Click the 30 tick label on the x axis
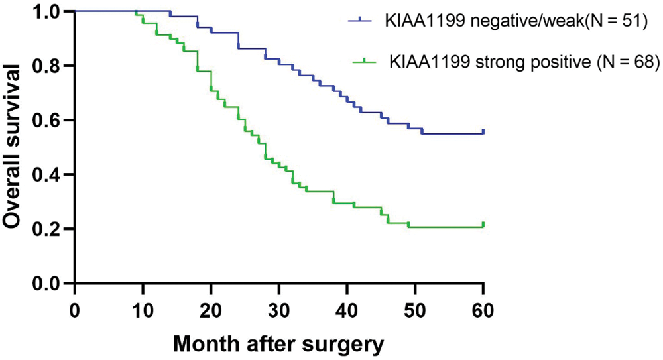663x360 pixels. (x=279, y=308)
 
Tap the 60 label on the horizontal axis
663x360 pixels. (x=483, y=308)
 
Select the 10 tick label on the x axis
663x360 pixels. (x=143, y=308)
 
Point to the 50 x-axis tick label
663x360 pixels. (x=415, y=308)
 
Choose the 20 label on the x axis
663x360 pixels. (x=211, y=308)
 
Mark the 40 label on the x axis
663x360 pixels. (x=347, y=308)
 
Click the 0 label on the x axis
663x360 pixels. (x=75, y=308)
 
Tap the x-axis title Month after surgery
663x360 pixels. (x=278, y=345)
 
